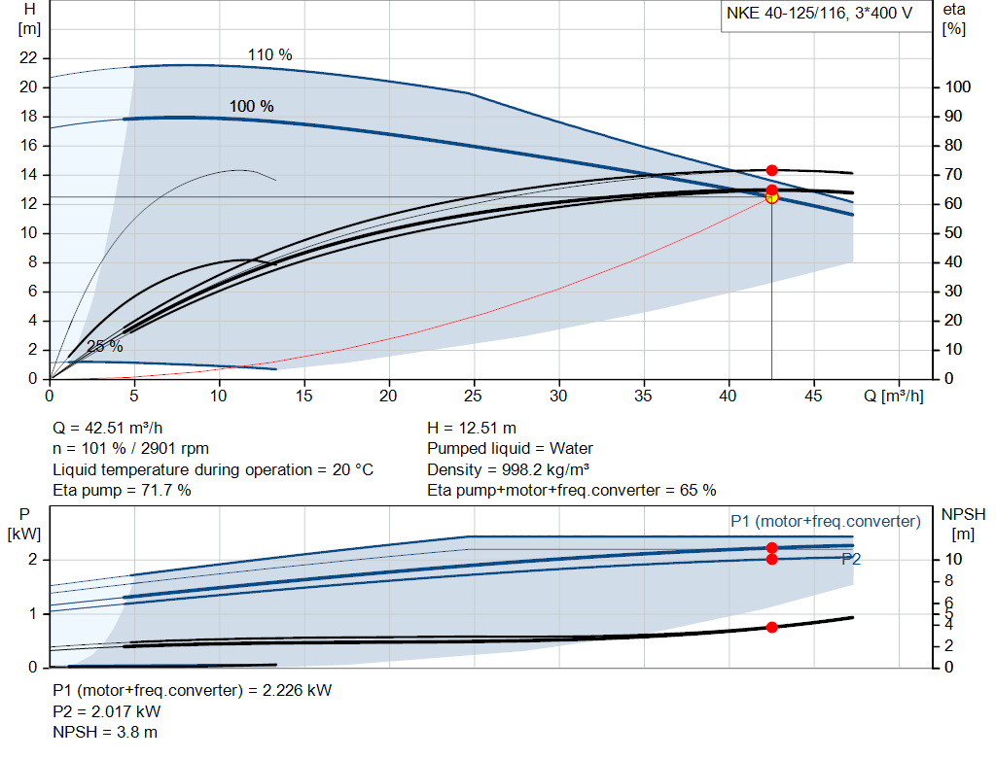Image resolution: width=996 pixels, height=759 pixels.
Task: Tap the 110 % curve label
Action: point(269,55)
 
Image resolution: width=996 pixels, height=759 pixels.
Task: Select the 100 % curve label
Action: point(251,106)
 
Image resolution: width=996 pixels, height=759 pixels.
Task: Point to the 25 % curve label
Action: point(105,346)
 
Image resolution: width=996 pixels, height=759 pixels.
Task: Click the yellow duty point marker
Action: point(772,197)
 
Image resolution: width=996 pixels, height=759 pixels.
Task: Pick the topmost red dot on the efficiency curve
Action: point(772,170)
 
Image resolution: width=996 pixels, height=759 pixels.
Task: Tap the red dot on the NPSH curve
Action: point(772,627)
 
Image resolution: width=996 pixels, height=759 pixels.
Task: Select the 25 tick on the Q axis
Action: point(474,396)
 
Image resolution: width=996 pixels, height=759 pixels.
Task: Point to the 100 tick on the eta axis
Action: point(957,87)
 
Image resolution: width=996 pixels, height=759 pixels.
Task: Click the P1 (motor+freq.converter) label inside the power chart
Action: point(825,522)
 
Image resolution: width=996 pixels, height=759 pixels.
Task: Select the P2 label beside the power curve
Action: point(851,560)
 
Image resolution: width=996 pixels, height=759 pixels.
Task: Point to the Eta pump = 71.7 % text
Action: point(122,490)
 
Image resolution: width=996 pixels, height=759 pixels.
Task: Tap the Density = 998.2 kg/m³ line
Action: point(515,469)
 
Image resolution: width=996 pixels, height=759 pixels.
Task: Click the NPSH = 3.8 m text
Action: point(105,732)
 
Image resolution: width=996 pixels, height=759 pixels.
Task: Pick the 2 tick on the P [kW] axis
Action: point(33,560)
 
